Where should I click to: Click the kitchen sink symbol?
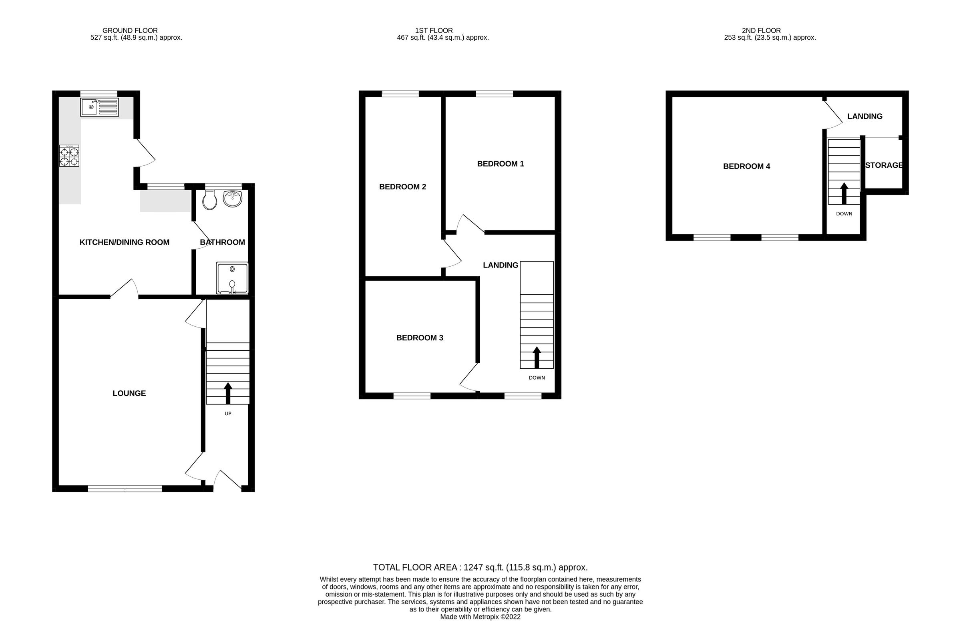(99, 107)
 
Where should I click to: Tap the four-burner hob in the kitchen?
(69, 156)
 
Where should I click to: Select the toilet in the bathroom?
(210, 200)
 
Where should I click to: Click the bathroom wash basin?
(232, 199)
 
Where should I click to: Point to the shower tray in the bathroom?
(232, 278)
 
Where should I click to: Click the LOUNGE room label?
(129, 393)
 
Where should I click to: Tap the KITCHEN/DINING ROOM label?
(124, 242)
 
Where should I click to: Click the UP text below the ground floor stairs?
(228, 413)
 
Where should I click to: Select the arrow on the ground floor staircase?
(228, 393)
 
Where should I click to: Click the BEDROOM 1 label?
(501, 164)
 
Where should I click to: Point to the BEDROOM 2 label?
(402, 187)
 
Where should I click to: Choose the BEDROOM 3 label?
(419, 338)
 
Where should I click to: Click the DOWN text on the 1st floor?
(537, 378)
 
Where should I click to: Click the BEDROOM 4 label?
(746, 166)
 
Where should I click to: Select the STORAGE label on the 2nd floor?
(884, 165)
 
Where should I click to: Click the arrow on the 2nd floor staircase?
(844, 193)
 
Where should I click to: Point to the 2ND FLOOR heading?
(761, 31)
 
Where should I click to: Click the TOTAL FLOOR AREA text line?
(480, 567)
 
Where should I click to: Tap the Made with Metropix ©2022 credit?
(480, 617)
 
